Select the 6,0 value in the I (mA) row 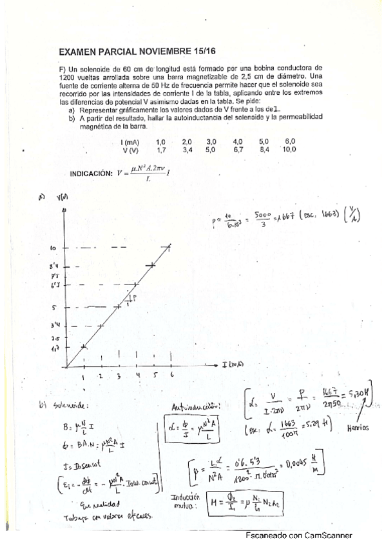(289, 141)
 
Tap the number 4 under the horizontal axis (138, 375)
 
